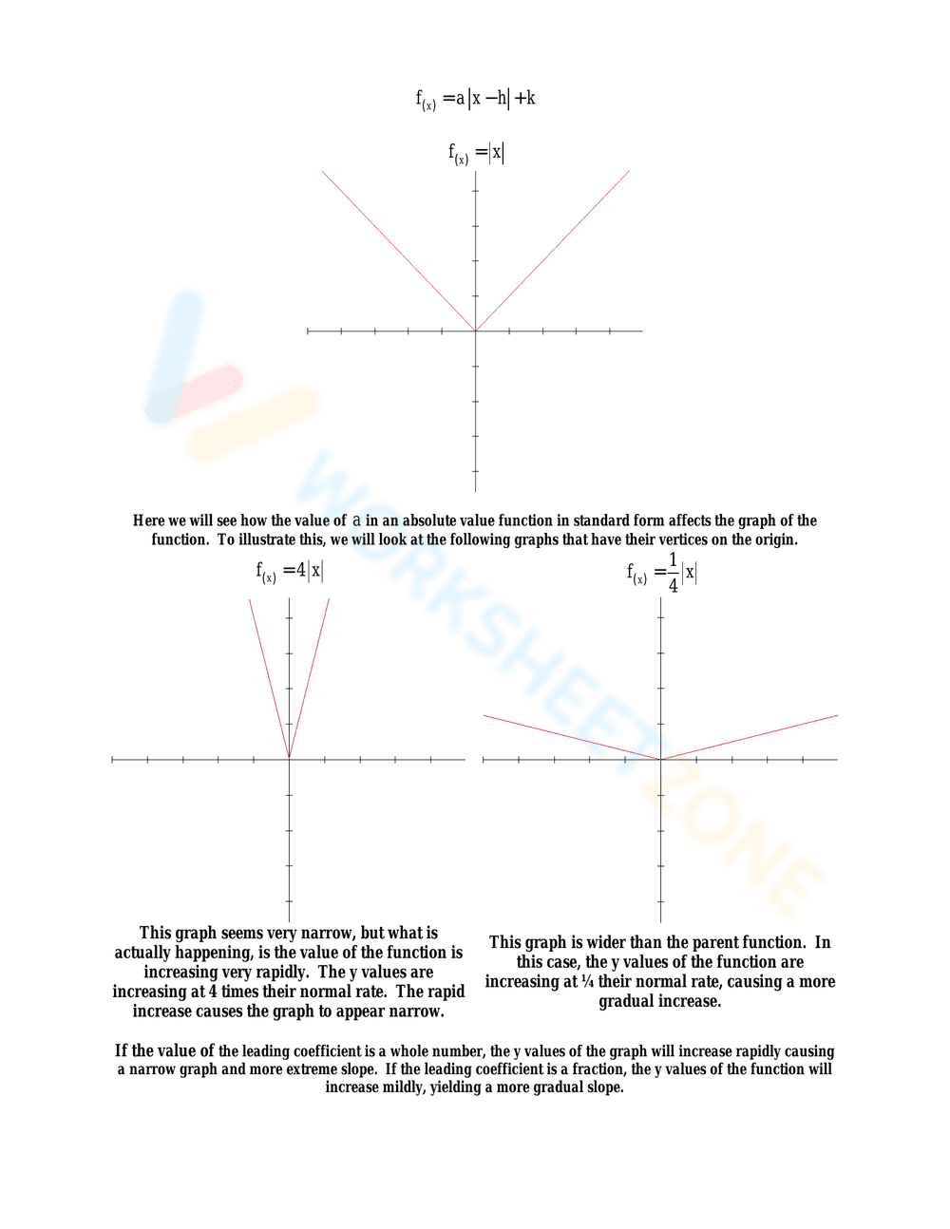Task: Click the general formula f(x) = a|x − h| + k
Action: pyautogui.click(x=475, y=99)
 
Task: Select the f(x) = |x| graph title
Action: pyautogui.click(x=476, y=153)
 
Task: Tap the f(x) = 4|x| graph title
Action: pyautogui.click(x=289, y=571)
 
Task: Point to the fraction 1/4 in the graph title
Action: pyautogui.click(x=674, y=573)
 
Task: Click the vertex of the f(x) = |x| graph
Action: pyautogui.click(x=475, y=331)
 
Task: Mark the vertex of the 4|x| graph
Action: pyautogui.click(x=289, y=759)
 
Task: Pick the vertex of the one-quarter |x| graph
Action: pyautogui.click(x=660, y=759)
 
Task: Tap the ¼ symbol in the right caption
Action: pyautogui.click(x=587, y=981)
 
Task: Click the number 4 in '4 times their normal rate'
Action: pyautogui.click(x=213, y=992)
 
